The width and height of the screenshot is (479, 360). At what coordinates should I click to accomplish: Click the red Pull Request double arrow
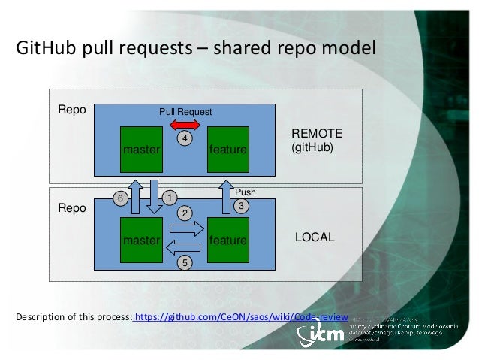coord(184,123)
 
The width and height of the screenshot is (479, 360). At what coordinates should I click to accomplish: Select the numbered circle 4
coord(184,139)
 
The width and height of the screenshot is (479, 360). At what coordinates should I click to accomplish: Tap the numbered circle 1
coord(170,198)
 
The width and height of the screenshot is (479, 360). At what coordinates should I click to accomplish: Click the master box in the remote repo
coord(142,150)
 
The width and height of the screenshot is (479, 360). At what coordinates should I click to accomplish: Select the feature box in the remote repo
coord(228,150)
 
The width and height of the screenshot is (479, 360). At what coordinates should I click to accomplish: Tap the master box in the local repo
coord(142,240)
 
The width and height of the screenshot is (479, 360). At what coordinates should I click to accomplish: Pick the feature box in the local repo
coord(228,240)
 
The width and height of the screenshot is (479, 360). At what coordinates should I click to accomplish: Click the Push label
coord(246,192)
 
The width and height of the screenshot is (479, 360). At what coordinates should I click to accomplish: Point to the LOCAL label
coord(314,237)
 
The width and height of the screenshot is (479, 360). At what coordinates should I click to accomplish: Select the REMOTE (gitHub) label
coord(316,141)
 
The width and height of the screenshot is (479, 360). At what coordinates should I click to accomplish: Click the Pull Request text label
coord(185,112)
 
